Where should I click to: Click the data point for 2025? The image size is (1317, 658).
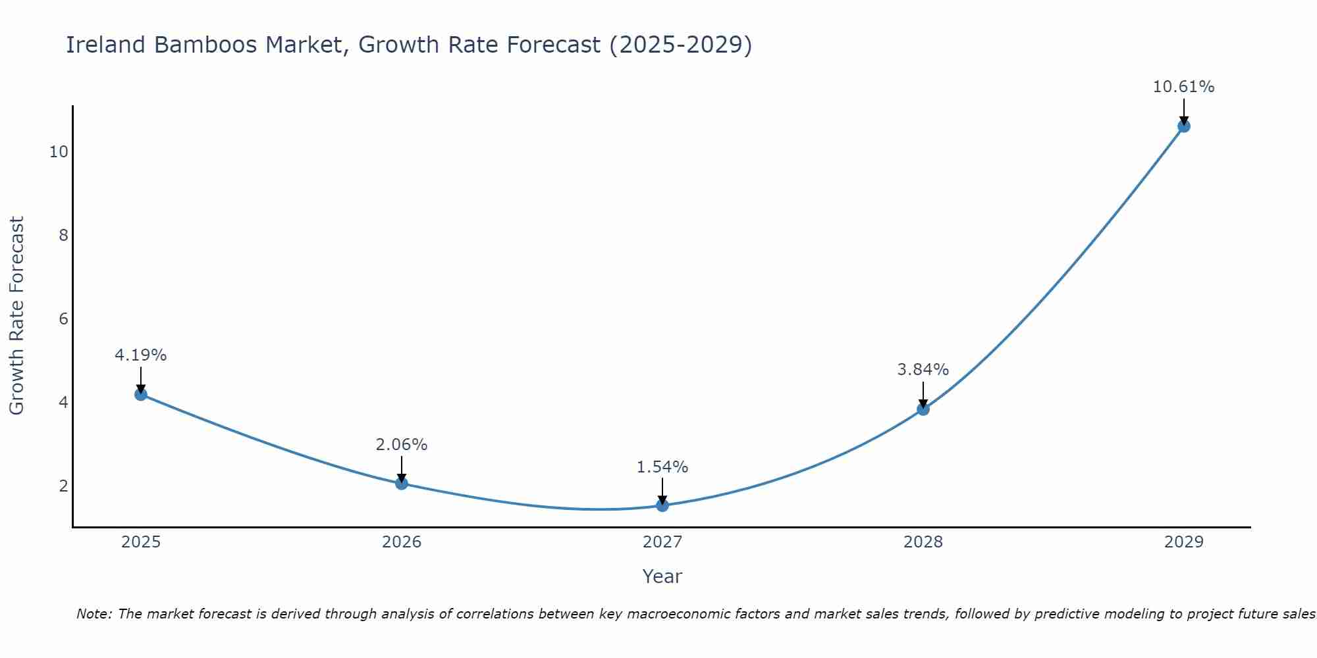coord(141,394)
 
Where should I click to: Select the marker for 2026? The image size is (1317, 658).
coord(402,484)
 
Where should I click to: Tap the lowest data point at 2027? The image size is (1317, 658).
coord(662,505)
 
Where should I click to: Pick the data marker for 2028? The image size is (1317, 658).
coord(923,409)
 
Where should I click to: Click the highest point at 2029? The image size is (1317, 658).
coord(1184,126)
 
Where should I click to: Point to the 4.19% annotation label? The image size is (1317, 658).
coord(141,355)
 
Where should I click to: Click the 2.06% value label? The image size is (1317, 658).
coord(402,445)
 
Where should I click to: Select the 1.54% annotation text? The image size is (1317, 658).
coord(662,467)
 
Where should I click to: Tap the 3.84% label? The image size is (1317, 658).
coord(923,370)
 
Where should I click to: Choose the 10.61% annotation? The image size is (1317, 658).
coord(1184,87)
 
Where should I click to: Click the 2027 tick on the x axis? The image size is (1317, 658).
coord(662,542)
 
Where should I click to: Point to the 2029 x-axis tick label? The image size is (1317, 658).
coord(1184,542)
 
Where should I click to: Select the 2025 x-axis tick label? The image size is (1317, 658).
coord(141,542)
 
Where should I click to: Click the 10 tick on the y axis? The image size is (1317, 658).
coord(59,152)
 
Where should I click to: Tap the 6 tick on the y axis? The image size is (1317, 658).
coord(63,319)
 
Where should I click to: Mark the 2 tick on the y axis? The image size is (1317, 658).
coord(63,486)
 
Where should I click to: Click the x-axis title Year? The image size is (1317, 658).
coord(662,576)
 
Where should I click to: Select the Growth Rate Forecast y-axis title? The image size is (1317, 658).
coord(17,316)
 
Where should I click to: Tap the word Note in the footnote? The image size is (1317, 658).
coord(94,614)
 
